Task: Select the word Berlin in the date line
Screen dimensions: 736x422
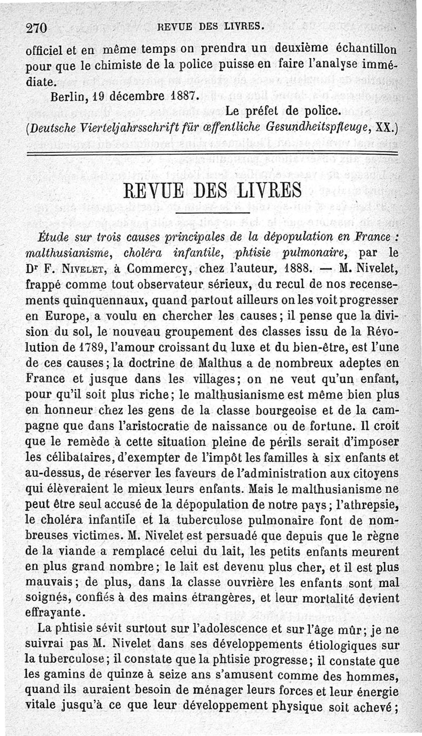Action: pos(68,97)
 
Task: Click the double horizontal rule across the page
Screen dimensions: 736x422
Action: pos(211,153)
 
